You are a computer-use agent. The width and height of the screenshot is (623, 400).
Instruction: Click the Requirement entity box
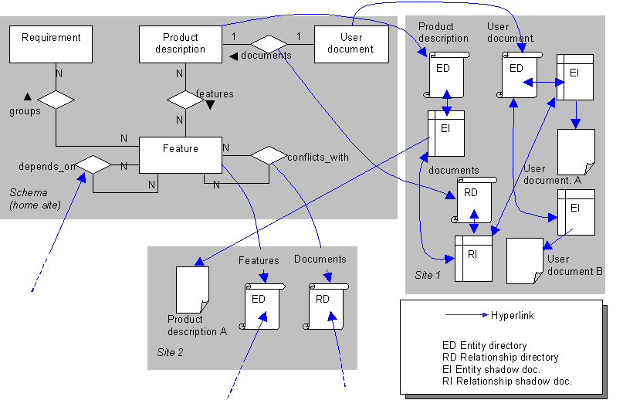51,44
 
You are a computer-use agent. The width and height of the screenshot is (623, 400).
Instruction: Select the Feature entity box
180,154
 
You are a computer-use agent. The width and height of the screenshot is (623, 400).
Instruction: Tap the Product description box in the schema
181,44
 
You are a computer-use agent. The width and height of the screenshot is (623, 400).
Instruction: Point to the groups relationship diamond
56,100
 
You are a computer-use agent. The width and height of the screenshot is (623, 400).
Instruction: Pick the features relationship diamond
185,100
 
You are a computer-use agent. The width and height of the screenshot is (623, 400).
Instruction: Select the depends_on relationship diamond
93,164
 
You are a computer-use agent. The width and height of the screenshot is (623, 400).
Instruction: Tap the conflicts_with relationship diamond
267,154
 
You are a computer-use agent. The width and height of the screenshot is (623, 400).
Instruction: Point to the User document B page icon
524,260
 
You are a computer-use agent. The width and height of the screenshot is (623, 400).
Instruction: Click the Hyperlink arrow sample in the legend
467,315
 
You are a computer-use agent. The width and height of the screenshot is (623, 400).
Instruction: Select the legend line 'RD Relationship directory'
499,358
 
